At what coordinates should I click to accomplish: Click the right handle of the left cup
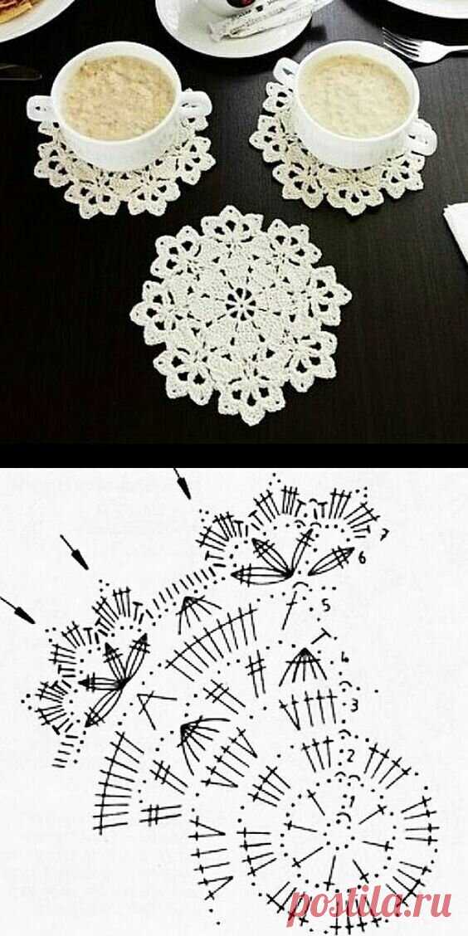coord(195,106)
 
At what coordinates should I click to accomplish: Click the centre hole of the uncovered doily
coord(241,305)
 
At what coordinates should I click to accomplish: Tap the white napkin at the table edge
coord(457,230)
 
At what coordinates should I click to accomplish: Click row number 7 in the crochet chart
coord(384,533)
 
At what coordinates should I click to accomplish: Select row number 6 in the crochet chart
coord(362,558)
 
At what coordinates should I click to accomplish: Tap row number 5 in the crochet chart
coord(326,605)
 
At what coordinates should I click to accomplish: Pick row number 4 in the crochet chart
coord(344,658)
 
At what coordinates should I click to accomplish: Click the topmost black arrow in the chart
coord(183,484)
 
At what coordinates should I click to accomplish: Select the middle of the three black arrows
coord(75,552)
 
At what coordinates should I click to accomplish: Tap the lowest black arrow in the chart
coord(17,609)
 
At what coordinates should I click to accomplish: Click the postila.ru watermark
coord(369,905)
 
